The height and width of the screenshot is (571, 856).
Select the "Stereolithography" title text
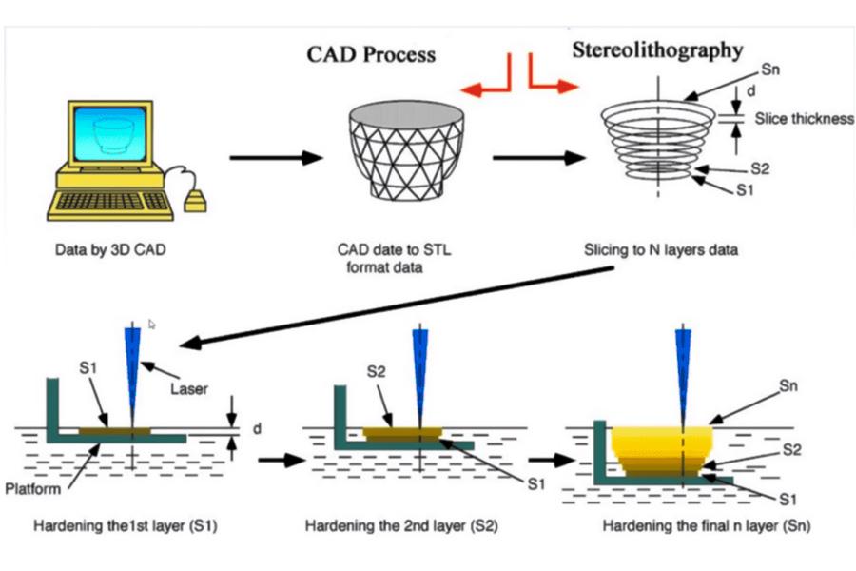(x=657, y=49)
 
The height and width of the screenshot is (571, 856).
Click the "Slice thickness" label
(x=804, y=119)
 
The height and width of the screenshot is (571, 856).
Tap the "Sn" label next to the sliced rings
(x=771, y=71)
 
